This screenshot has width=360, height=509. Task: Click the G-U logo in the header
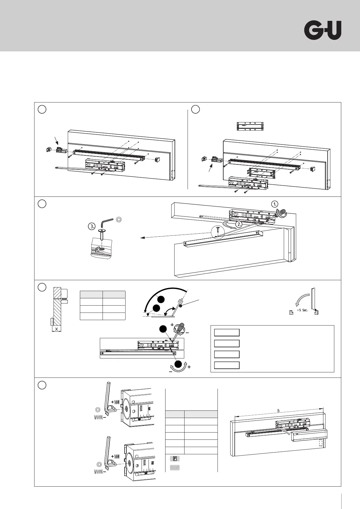322,30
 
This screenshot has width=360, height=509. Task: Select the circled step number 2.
239,224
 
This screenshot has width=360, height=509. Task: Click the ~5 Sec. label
302,310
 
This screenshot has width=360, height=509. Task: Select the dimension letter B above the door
278,411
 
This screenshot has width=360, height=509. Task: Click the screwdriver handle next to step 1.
283,212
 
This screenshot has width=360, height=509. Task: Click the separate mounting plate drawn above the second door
250,126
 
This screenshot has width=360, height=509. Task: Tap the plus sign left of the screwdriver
172,325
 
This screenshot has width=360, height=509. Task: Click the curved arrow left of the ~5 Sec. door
301,301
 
